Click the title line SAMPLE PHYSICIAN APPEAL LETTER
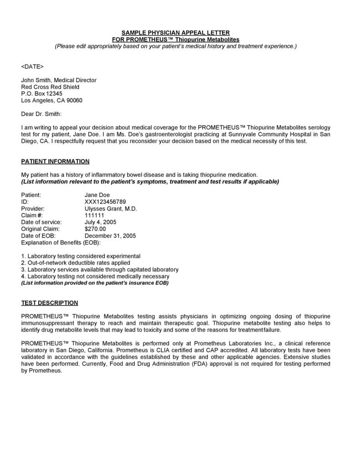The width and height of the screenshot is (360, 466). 175,33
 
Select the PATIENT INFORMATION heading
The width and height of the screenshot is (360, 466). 55,161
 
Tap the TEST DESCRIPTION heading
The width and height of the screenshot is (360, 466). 50,303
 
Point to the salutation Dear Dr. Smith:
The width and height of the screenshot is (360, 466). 41,114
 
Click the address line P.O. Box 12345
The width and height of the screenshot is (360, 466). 42,93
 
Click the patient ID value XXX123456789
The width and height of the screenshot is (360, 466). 105,202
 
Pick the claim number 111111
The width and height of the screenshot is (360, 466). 94,215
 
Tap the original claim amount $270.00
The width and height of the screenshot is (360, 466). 95,229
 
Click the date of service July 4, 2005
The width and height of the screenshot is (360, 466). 100,222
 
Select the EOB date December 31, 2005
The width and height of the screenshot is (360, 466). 110,236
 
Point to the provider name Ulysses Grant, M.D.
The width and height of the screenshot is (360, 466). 111,208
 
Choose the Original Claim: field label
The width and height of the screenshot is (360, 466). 40,229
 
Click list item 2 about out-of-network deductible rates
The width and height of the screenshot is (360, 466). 76,263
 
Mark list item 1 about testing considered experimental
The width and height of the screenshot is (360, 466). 81,256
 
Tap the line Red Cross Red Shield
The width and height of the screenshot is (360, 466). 50,87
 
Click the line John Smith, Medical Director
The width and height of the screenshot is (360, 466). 59,80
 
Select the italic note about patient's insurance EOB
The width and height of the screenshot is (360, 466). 95,283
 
